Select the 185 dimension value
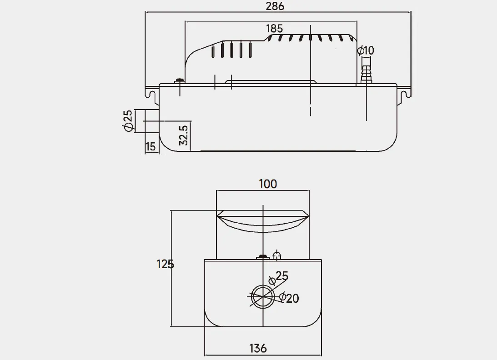point(274,29)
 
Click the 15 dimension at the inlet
point(150,146)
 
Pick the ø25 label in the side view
point(128,121)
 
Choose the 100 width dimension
point(267,184)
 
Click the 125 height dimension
point(165,264)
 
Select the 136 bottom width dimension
point(258,348)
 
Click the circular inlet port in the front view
point(263,296)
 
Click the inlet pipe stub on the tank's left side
point(151,121)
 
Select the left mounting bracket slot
point(149,93)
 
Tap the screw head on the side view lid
point(180,81)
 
